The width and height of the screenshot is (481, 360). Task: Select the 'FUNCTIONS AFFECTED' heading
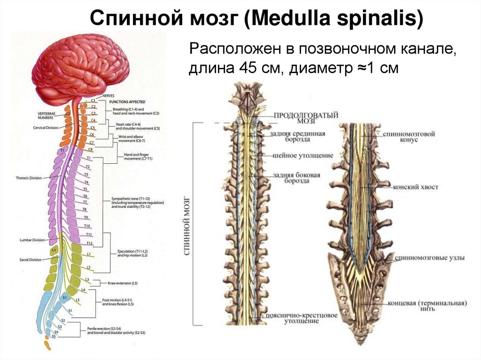(127, 102)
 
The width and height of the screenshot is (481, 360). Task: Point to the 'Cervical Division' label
(46, 128)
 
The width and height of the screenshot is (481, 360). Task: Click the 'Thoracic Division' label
(29, 178)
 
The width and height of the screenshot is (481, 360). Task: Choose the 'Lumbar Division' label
(32, 240)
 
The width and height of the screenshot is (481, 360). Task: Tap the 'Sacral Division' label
(31, 260)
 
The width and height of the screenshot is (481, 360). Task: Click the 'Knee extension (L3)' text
(122, 283)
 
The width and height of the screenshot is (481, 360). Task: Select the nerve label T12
(89, 243)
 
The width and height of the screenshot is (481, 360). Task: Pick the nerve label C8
(91, 149)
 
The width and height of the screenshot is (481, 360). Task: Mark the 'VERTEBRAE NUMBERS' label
(48, 115)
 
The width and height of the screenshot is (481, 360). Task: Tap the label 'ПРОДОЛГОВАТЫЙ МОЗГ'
(305, 117)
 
